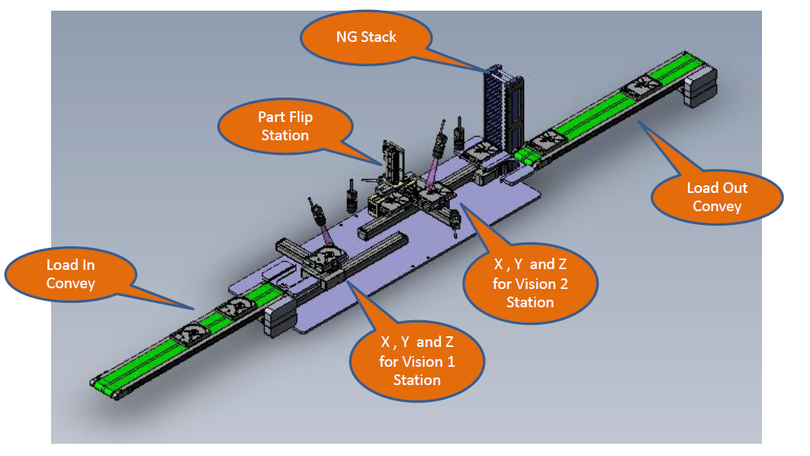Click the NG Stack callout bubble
click(x=366, y=37)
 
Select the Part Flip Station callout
click(x=285, y=127)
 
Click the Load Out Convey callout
click(x=717, y=197)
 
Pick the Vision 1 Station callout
click(x=416, y=361)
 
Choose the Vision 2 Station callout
click(x=530, y=283)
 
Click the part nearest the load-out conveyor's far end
click(x=640, y=85)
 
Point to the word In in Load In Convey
click(x=88, y=265)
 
